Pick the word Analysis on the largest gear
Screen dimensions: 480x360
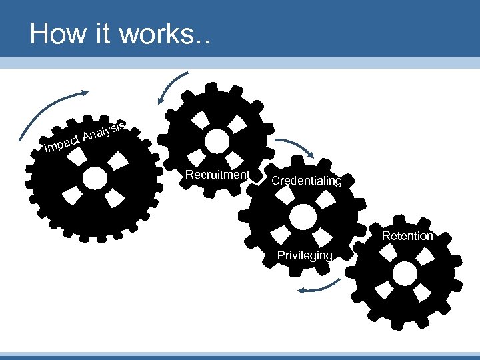105,130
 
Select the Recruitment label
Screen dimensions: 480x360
217,175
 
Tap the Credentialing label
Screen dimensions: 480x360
306,181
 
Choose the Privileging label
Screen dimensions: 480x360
306,255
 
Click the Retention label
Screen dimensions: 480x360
407,235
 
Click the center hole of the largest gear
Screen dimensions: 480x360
95,177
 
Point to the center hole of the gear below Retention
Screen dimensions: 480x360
404,272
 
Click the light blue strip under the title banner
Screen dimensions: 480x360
240,62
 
